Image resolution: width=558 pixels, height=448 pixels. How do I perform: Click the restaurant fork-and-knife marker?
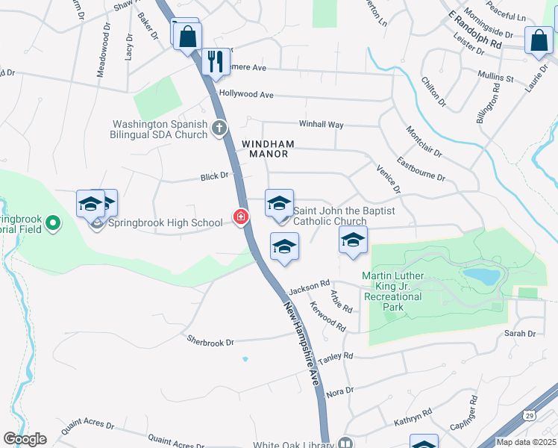click(x=216, y=62)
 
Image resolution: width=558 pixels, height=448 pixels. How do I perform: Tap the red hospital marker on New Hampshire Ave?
click(x=241, y=217)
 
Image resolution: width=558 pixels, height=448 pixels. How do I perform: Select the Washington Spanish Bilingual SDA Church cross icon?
click(x=219, y=128)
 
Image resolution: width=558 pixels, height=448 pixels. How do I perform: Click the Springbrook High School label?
click(x=165, y=223)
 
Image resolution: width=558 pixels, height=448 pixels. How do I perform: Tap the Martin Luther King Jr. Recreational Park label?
click(x=392, y=291)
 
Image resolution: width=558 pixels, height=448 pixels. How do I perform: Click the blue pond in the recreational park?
click(x=481, y=278)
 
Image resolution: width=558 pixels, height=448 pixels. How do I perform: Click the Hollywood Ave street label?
click(x=246, y=95)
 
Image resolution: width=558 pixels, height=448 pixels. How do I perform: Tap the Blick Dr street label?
click(x=213, y=176)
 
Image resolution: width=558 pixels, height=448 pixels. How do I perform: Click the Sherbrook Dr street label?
click(x=211, y=340)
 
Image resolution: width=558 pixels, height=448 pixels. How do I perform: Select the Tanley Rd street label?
click(x=338, y=357)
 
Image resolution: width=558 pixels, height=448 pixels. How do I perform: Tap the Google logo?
click(x=25, y=438)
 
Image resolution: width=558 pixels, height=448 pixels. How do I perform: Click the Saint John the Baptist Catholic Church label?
click(x=330, y=216)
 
